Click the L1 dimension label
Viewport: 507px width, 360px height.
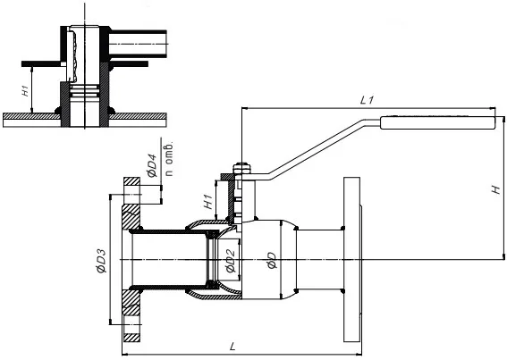367,100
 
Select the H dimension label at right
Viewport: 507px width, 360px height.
496,189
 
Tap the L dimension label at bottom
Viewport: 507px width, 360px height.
232,347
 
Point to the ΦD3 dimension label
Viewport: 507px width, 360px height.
102,261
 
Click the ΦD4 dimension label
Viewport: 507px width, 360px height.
152,165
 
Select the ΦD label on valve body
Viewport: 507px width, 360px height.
272,261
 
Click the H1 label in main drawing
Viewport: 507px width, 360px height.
208,201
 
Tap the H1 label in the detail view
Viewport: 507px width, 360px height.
25,91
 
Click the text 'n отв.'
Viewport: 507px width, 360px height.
169,158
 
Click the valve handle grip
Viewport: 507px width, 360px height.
438,122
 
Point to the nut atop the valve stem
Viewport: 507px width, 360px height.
241,168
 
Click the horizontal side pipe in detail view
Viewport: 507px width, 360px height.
138,44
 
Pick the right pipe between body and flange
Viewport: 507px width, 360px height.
319,260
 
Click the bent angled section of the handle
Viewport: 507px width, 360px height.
318,149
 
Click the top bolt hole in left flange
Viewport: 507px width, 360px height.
131,195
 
